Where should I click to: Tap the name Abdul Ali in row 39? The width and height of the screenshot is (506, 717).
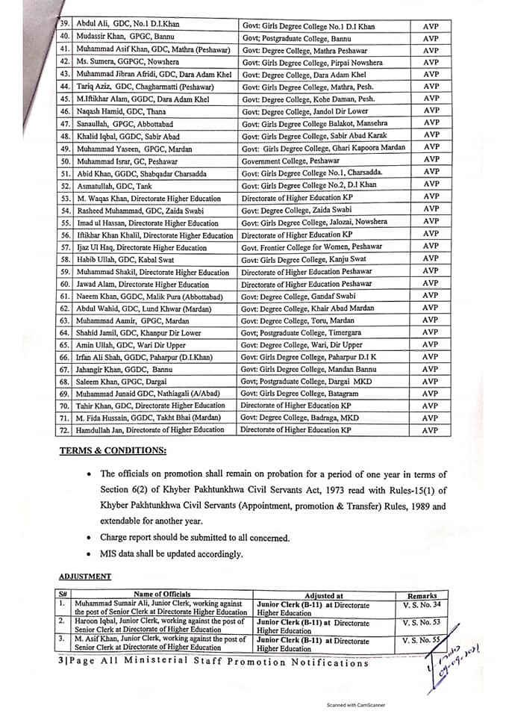[x=89, y=26]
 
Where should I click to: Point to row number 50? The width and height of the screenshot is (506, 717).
[x=64, y=159]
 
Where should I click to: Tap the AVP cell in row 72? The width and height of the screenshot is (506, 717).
[x=430, y=429]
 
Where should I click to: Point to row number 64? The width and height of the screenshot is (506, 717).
[x=64, y=332]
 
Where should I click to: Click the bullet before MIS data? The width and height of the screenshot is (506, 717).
[x=90, y=553]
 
